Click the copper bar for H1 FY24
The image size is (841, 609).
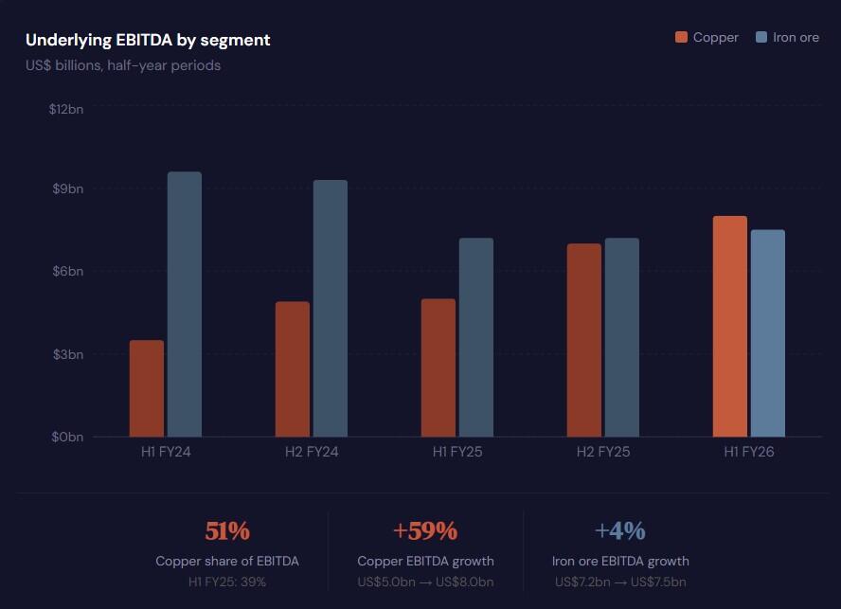147,388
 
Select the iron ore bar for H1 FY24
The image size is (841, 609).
185,304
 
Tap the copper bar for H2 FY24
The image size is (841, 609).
293,369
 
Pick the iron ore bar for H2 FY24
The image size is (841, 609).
331,308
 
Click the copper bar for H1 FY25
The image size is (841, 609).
438,367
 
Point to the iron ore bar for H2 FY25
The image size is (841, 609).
622,337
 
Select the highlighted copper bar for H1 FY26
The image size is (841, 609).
730,326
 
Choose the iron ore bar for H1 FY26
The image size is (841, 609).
768,333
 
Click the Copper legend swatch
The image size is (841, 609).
681,38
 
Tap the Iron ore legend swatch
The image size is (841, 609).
761,38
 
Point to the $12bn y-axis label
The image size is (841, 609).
66,109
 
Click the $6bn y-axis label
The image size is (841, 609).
68,271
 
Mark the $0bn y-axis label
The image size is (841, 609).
68,437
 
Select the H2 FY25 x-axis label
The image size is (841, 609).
603,452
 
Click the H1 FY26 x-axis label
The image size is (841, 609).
749,452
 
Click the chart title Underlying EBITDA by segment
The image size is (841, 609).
148,40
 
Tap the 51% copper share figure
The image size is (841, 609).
227,530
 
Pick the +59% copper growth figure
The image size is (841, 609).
425,530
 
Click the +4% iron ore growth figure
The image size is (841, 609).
620,530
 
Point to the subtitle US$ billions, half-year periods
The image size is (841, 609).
123,65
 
